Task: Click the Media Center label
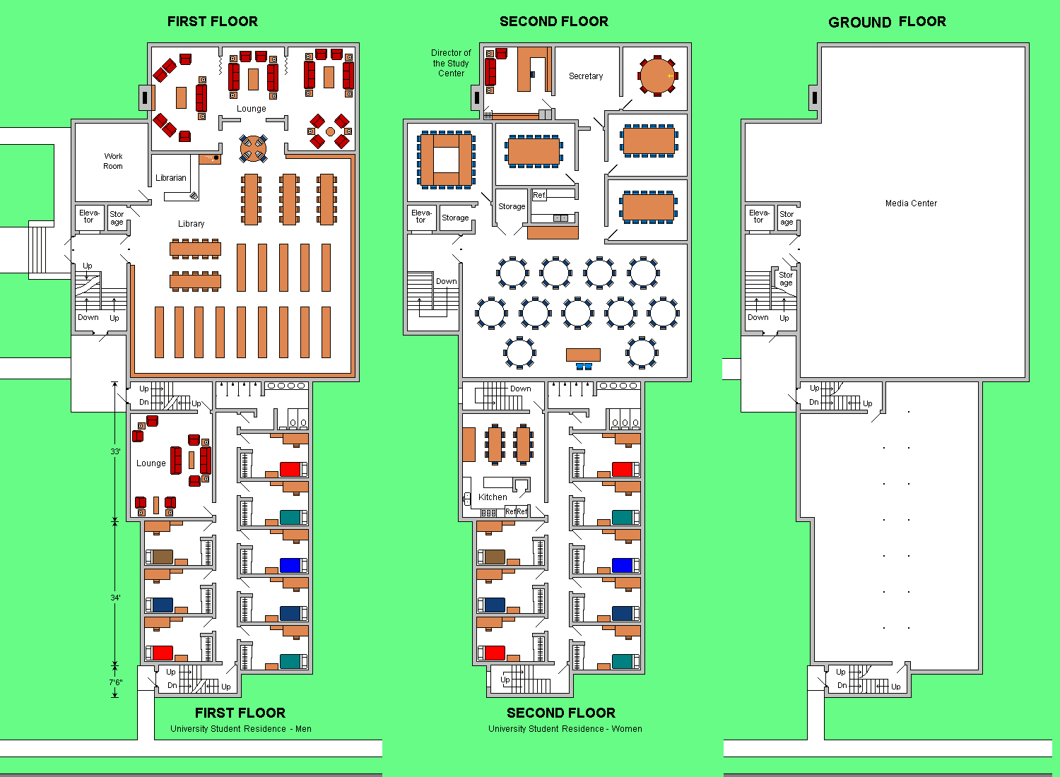[911, 203]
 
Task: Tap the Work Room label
[113, 161]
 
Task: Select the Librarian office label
[171, 178]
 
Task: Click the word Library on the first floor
[192, 224]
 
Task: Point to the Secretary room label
[586, 76]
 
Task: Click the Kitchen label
[493, 497]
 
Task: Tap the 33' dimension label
[115, 451]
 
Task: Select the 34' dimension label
[115, 598]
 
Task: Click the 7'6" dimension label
[116, 682]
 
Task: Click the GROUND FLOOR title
[888, 22]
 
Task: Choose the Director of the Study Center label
[451, 63]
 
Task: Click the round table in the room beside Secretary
[657, 76]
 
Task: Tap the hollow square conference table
[446, 160]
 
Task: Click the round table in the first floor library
[253, 148]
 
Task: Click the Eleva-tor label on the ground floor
[759, 217]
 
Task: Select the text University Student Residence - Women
[565, 729]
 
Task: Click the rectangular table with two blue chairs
[584, 355]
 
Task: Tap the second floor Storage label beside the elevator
[455, 218]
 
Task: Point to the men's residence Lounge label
[151, 463]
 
